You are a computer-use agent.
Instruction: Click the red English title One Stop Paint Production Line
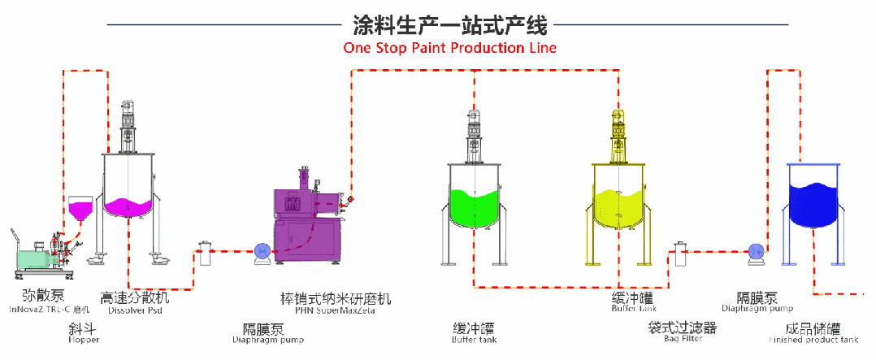click(449, 47)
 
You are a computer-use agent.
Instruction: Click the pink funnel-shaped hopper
click(80, 210)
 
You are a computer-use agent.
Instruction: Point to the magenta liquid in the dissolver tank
click(128, 208)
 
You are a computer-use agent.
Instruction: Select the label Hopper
click(84, 340)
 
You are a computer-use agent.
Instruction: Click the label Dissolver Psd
click(135, 310)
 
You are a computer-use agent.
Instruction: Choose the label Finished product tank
click(813, 340)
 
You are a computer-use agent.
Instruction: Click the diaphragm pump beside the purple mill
click(262, 253)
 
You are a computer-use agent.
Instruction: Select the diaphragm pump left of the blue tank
click(753, 254)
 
